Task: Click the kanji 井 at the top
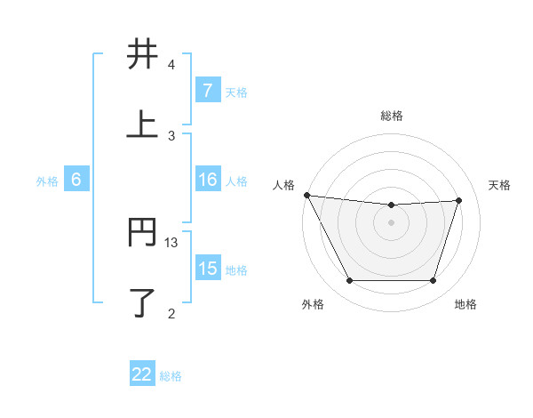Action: [x=142, y=55]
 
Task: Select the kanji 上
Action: [x=142, y=125]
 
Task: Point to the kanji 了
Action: [x=142, y=302]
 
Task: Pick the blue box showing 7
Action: [x=208, y=91]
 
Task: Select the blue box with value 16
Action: [x=208, y=181]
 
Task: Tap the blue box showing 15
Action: [x=208, y=269]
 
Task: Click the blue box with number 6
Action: [x=76, y=180]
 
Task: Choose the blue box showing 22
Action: [x=142, y=374]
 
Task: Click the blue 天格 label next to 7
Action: [x=236, y=92]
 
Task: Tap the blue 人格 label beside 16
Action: [x=236, y=181]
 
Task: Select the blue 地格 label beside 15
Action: [x=236, y=269]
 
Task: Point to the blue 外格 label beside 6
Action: [x=47, y=181]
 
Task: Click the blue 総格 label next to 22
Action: [x=171, y=375]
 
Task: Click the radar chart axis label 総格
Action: [x=392, y=116]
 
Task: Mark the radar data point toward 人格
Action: [x=306, y=195]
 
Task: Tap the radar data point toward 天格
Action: [x=459, y=200]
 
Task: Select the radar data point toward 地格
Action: [x=434, y=281]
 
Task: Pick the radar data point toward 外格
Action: [x=349, y=281]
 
